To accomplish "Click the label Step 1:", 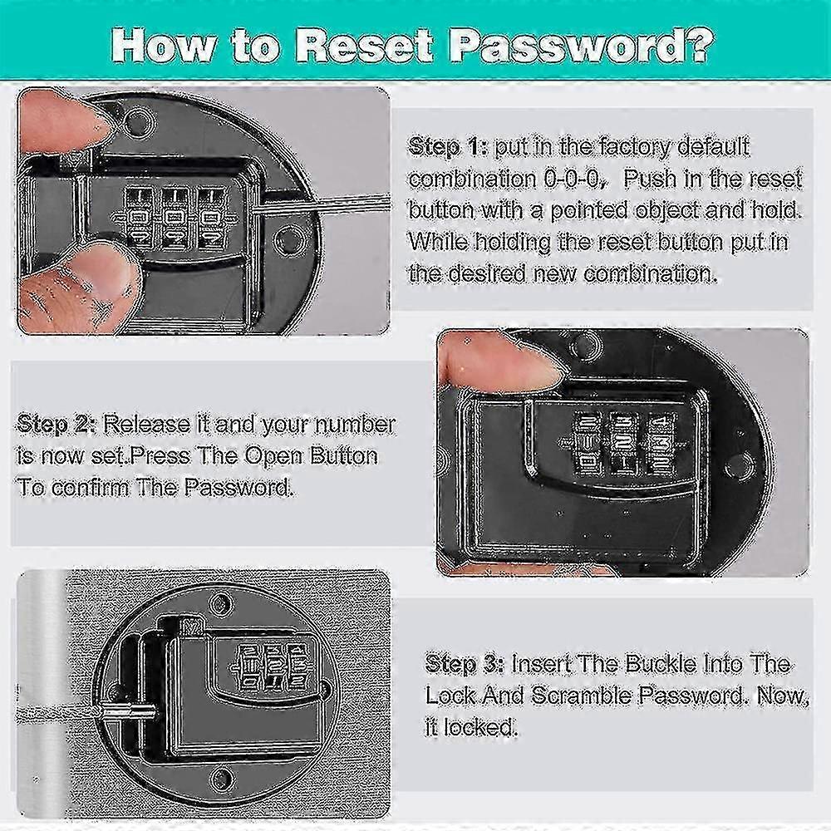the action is [448, 147].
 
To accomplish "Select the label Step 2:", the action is [57, 425].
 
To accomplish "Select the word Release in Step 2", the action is [146, 425].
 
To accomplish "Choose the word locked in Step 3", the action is [480, 727].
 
